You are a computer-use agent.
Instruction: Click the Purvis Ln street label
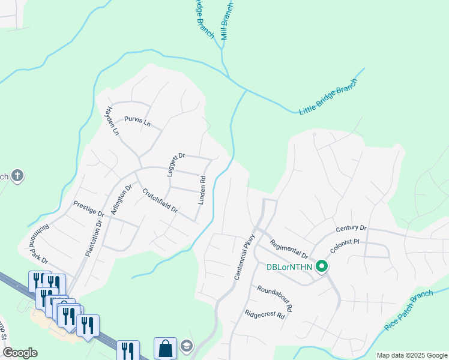[137, 121]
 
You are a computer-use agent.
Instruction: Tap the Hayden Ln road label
[110, 121]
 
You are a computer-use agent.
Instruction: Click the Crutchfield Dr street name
[160, 201]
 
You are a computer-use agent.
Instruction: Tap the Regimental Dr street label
[288, 249]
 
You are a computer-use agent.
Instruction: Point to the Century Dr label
[351, 228]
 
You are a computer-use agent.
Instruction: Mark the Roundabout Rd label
[274, 298]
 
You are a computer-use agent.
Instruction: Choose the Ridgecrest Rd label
[264, 314]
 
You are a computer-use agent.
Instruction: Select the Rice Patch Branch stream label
[408, 312]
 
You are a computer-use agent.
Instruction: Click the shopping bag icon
[165, 348]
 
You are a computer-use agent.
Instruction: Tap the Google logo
[20, 353]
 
